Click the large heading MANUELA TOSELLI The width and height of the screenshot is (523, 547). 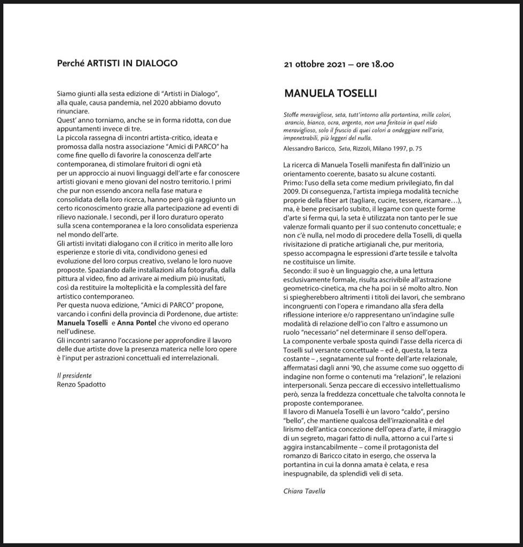click(330, 93)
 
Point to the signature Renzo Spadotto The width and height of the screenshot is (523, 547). click(81, 384)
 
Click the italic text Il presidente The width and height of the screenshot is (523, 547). click(74, 376)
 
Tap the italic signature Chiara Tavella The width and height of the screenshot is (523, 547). click(304, 491)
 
